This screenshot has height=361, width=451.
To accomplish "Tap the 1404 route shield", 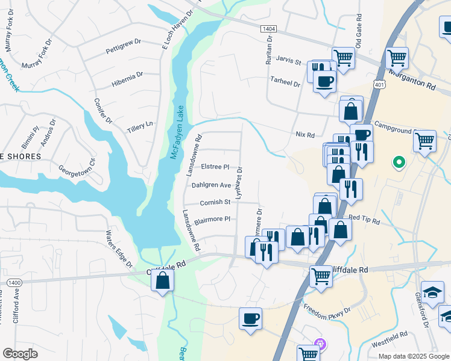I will coord(269,29).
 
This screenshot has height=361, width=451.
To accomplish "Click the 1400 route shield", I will coord(14,282).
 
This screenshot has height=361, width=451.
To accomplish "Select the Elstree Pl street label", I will coord(215,167).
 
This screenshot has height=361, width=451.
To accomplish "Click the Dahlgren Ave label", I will coord(212,185).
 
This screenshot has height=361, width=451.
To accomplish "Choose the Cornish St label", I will coord(215,202).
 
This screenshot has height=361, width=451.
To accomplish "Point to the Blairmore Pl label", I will coord(212,219).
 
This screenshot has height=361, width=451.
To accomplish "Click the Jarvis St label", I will coord(289,61).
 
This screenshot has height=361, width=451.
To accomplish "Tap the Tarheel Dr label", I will coord(285,84).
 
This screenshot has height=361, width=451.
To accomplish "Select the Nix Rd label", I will coord(305,135).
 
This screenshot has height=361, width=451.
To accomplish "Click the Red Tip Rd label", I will coord(364,218).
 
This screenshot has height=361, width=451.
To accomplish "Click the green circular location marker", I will coord(398,162).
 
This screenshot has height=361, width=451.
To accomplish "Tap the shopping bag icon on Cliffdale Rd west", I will coord(163,280).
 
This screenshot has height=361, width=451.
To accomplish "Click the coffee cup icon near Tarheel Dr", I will coord(324,81).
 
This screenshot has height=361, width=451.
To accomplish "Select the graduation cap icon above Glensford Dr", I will coord(432,292).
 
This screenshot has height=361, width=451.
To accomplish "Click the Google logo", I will coord(20,354).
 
